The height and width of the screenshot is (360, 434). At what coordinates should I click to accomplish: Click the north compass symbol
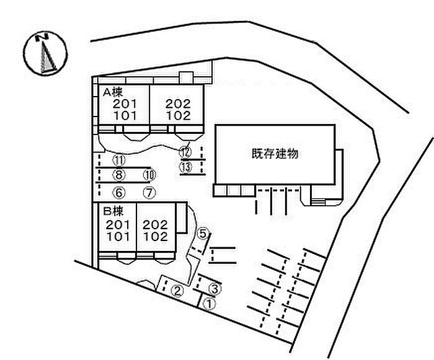click(x=44, y=54)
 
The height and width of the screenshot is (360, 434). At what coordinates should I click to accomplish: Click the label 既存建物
click(x=275, y=153)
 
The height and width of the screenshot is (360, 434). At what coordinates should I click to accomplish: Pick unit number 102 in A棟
click(x=178, y=115)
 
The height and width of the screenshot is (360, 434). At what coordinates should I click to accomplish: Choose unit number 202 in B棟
click(x=155, y=225)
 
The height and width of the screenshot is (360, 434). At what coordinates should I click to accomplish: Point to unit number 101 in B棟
click(x=118, y=236)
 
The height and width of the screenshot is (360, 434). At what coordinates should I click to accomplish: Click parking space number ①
click(x=209, y=304)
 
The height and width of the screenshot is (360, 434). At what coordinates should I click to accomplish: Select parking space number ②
click(x=177, y=290)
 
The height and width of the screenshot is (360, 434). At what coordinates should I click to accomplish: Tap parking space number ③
click(x=215, y=288)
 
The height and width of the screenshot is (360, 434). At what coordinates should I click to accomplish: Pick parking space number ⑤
click(x=203, y=234)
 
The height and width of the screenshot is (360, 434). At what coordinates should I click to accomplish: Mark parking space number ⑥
click(x=119, y=191)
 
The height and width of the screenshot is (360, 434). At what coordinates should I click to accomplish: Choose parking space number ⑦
click(x=148, y=191)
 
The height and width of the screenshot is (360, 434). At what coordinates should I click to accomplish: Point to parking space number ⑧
click(x=119, y=175)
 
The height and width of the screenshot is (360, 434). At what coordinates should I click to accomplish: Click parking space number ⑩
click(x=148, y=175)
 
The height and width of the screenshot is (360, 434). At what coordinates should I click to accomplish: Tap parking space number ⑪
click(x=119, y=160)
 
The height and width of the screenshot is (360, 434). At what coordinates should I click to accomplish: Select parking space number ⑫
click(x=185, y=151)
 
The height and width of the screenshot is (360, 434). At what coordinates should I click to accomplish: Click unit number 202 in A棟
click(x=178, y=103)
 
